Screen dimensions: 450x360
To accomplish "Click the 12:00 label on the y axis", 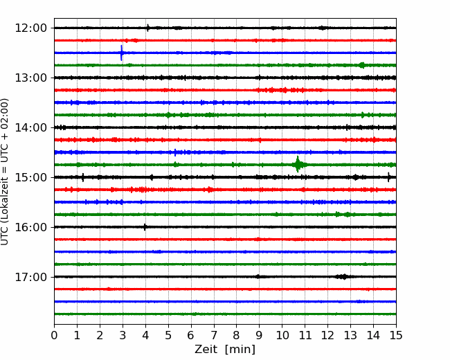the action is tap(30, 28).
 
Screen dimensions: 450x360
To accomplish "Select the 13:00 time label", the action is tap(30, 78).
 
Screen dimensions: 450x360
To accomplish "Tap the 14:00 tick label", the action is tap(30, 127).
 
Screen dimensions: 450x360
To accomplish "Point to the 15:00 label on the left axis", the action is tap(30, 177).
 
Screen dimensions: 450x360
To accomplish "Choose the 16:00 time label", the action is tap(30, 227).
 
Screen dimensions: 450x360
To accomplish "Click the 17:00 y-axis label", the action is tap(30, 277).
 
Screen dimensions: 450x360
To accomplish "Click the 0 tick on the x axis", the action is tap(54, 335).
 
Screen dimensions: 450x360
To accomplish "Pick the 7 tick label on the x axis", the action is tap(214, 335).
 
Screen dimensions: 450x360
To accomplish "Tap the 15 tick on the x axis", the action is tap(396, 335).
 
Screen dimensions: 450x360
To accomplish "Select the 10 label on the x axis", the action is tap(282, 335).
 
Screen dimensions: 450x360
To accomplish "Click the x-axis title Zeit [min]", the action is tap(225, 350).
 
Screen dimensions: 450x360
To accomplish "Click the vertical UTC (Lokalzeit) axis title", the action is tap(5, 172).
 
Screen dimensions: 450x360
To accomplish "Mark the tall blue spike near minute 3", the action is tap(121, 53).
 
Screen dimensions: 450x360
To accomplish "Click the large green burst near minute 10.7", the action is tap(298, 165).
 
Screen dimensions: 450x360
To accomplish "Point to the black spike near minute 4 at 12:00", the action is tap(147, 28).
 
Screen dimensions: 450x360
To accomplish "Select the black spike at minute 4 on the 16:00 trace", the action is tap(145, 227).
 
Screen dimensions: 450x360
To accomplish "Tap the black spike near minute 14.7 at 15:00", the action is tap(388, 177).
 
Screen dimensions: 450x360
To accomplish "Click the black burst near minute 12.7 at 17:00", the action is tap(343, 277).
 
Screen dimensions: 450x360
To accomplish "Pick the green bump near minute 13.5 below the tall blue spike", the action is tap(362, 65).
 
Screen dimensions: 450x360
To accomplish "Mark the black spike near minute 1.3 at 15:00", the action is tap(83, 177).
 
